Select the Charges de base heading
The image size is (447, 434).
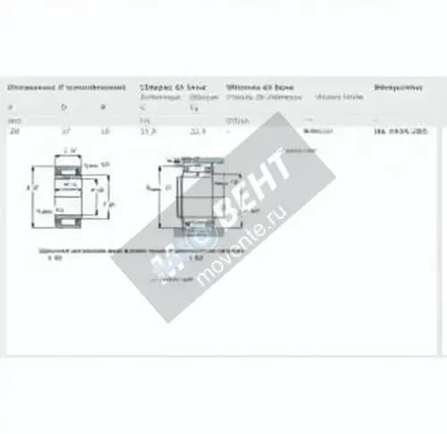[173, 88]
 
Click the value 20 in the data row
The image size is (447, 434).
[13, 131]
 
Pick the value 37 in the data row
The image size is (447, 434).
[65, 131]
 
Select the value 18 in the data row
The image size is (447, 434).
[105, 131]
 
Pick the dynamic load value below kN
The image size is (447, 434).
[148, 131]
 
